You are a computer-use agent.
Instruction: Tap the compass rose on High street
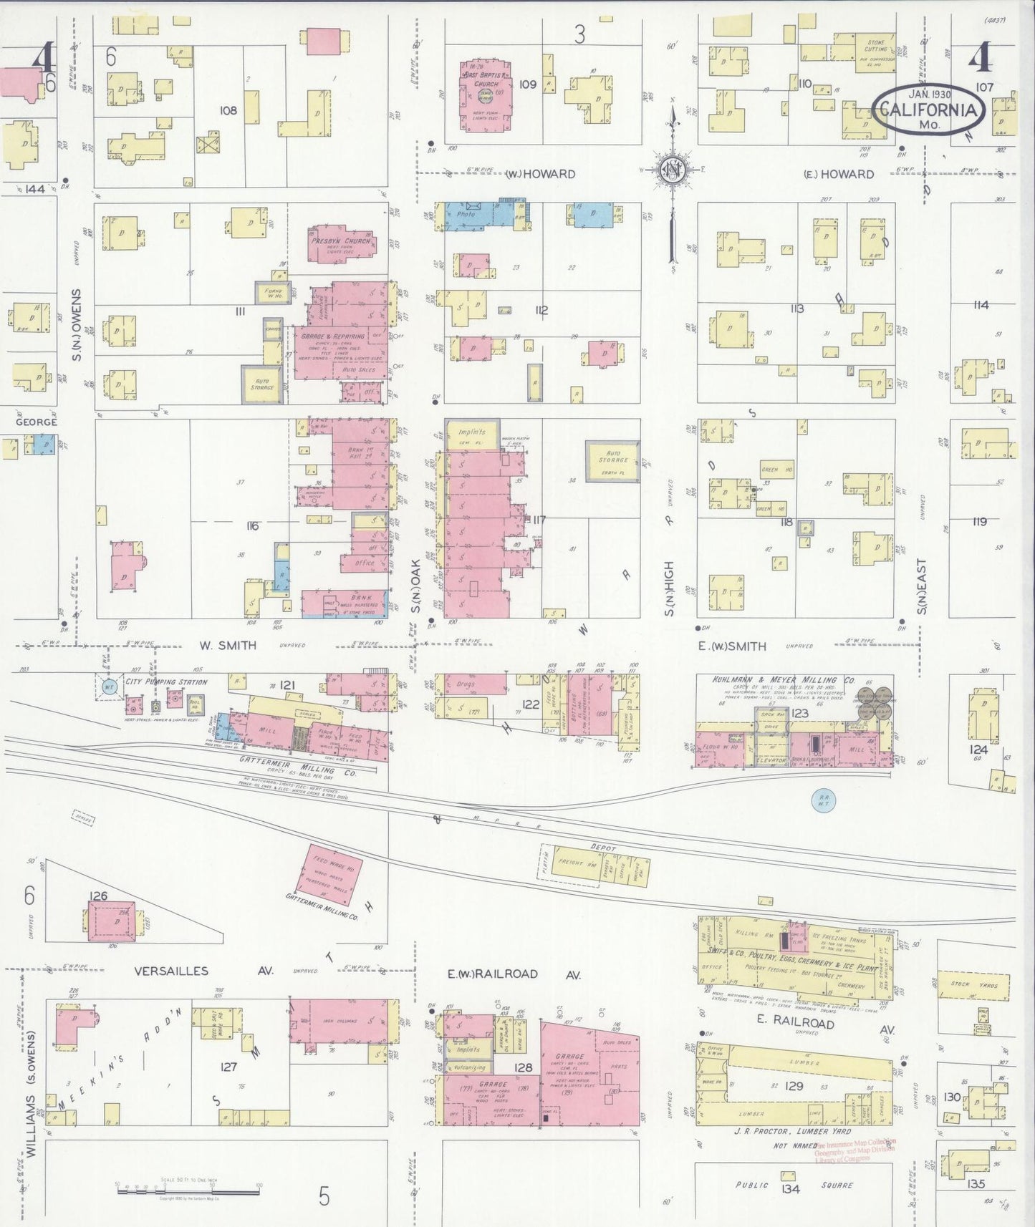pos(671,170)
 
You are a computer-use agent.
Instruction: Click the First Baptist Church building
pos(485,97)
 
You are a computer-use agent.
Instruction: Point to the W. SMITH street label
pos(228,645)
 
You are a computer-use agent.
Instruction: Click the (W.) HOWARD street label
pos(541,174)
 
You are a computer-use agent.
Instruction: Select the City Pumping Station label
pos(166,682)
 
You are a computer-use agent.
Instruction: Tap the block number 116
pos(251,526)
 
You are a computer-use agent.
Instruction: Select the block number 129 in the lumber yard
pos(794,1085)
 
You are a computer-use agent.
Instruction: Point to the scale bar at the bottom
pos(188,1191)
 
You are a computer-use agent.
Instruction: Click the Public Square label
pos(794,1185)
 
